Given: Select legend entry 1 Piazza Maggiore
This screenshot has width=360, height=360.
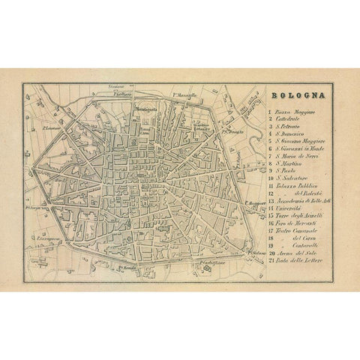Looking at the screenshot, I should [x=297, y=110].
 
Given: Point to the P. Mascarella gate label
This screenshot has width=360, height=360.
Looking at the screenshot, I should [x=184, y=96].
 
